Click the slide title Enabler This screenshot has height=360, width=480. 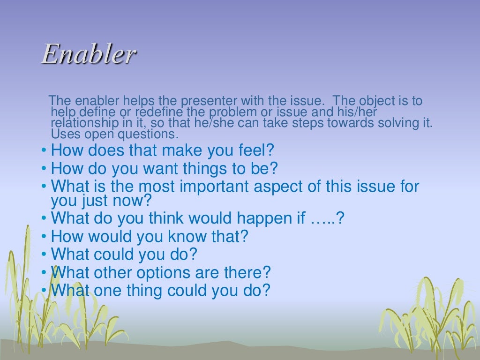tap(89, 54)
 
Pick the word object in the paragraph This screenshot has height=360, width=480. tap(365, 101)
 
